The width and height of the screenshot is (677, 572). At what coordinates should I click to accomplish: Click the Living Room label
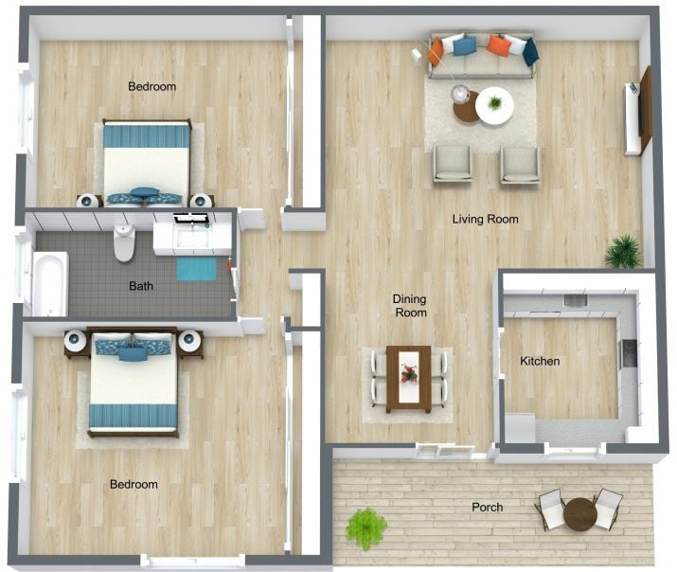point(485,220)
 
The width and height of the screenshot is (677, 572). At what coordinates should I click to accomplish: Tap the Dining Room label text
point(410,306)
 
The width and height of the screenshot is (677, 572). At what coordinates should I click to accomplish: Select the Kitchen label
point(540,361)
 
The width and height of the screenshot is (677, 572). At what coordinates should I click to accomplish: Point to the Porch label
point(487,508)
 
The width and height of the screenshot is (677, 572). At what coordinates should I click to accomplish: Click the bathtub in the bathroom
point(49,282)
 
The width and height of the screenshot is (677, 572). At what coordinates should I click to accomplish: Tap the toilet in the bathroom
point(124,242)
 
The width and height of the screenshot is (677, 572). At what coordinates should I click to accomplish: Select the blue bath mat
point(196,269)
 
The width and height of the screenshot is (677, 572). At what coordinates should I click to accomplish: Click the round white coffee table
point(494,105)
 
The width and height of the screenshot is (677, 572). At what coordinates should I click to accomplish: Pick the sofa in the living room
point(481,56)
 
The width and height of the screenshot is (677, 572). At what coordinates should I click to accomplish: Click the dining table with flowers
point(409,377)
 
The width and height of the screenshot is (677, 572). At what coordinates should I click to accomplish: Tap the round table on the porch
point(579,514)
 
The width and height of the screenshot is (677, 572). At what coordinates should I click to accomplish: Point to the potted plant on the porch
point(365,527)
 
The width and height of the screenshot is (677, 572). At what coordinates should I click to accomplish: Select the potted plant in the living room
point(623,251)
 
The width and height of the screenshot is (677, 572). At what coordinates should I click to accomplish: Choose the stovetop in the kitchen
point(627,353)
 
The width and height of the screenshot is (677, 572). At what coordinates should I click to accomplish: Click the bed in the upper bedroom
point(146,160)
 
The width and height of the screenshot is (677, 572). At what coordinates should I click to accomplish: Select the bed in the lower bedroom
point(133,383)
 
